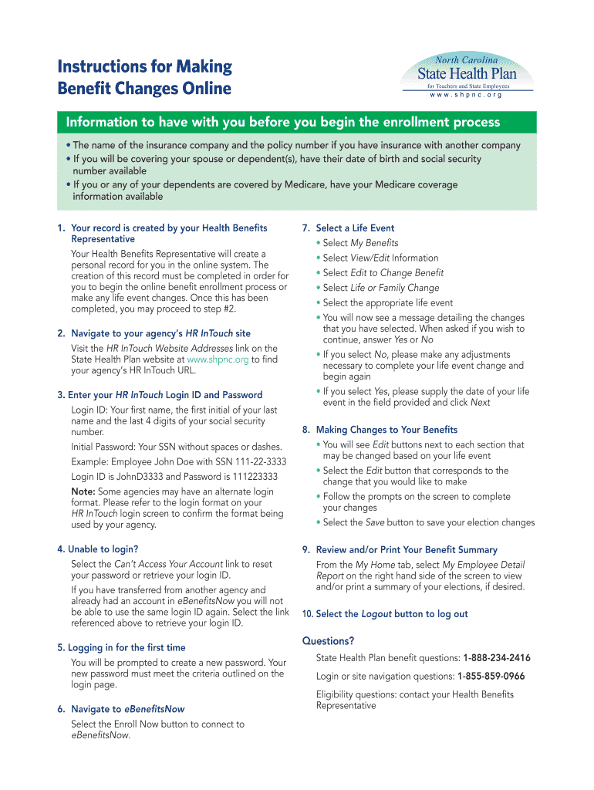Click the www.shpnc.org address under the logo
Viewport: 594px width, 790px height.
[466, 95]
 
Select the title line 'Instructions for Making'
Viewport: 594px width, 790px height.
[144, 66]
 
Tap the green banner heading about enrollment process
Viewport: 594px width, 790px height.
[283, 123]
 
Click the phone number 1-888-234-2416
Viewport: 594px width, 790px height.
[496, 658]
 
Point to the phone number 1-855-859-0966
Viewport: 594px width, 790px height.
[491, 676]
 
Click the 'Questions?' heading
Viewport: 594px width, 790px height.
[328, 640]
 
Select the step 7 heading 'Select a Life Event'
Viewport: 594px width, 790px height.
[355, 228]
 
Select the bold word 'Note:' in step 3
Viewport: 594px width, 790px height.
[83, 491]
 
